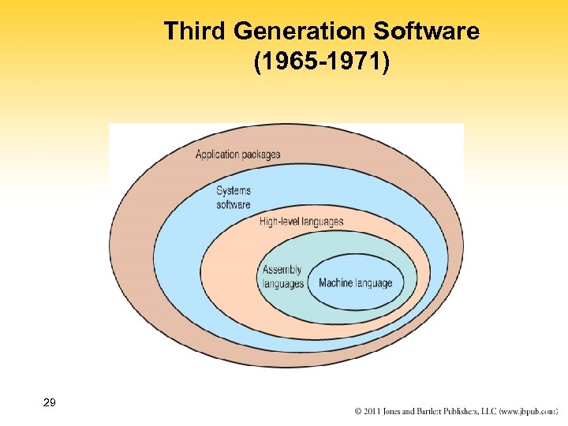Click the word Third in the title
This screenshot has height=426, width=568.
pyautogui.click(x=190, y=32)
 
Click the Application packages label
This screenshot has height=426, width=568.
pyautogui.click(x=237, y=155)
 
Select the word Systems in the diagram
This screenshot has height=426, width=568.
pyautogui.click(x=234, y=191)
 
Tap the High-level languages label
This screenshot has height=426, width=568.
pyautogui.click(x=301, y=222)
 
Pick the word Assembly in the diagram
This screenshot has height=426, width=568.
pyautogui.click(x=282, y=270)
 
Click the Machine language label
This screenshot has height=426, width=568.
pyautogui.click(x=355, y=283)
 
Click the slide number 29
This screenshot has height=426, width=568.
pyautogui.click(x=49, y=403)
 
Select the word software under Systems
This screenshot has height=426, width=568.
pyautogui.click(x=234, y=205)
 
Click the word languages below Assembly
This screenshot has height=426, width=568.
pyautogui.click(x=283, y=284)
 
